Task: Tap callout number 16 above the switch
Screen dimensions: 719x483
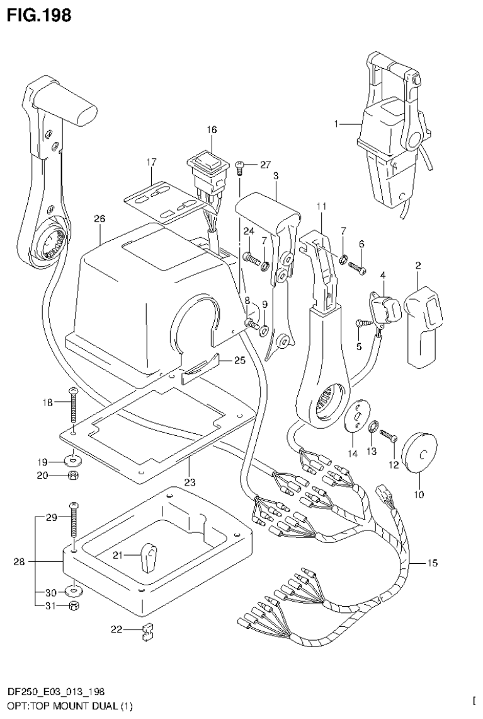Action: (211, 129)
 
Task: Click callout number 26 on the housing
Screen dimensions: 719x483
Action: (98, 219)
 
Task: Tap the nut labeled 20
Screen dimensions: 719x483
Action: (74, 475)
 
